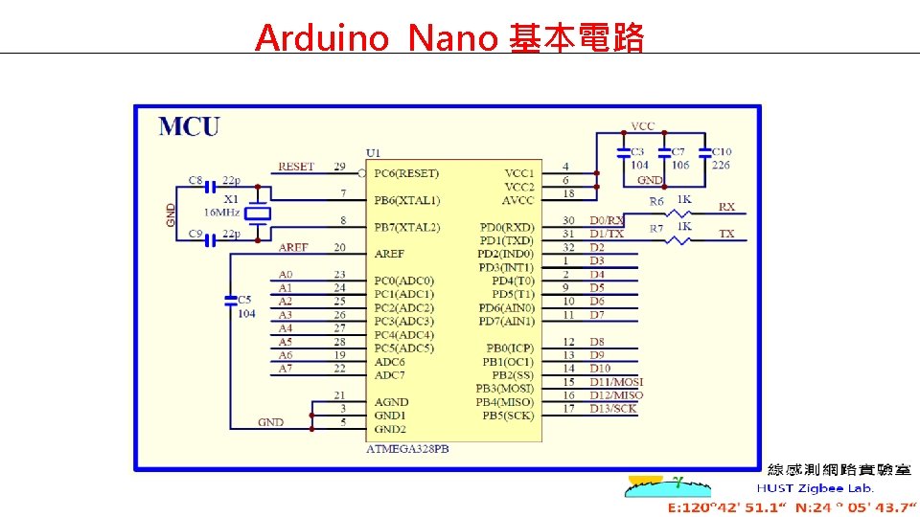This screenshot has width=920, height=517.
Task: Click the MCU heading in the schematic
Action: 189,126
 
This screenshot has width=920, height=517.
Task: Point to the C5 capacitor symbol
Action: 230,301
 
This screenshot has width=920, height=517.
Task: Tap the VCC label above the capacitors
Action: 643,126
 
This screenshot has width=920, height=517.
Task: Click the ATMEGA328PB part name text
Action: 406,449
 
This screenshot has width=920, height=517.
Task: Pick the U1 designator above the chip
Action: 373,153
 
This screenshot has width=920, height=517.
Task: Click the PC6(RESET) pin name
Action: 406,173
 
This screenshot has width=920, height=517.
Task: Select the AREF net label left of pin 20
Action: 293,247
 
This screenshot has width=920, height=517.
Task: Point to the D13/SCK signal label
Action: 612,409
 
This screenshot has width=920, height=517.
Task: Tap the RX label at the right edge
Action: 727,207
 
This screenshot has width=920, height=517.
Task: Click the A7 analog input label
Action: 286,369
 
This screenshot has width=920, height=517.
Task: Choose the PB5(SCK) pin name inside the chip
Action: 509,416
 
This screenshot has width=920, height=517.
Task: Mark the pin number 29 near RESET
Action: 339,167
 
